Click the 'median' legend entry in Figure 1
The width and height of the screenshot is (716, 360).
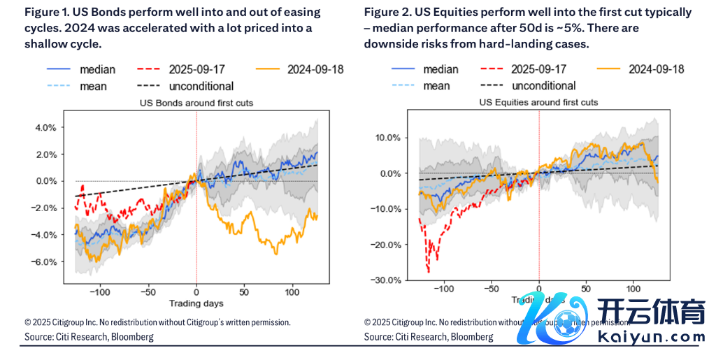tap(97, 69)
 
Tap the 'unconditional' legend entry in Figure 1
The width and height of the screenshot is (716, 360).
tap(201, 86)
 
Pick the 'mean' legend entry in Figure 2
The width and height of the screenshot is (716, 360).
tap(436, 85)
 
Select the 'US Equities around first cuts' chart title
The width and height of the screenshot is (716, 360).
tap(538, 102)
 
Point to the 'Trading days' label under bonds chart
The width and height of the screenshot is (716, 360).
tap(196, 303)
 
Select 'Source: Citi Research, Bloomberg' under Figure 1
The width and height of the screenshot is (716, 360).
tap(89, 337)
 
